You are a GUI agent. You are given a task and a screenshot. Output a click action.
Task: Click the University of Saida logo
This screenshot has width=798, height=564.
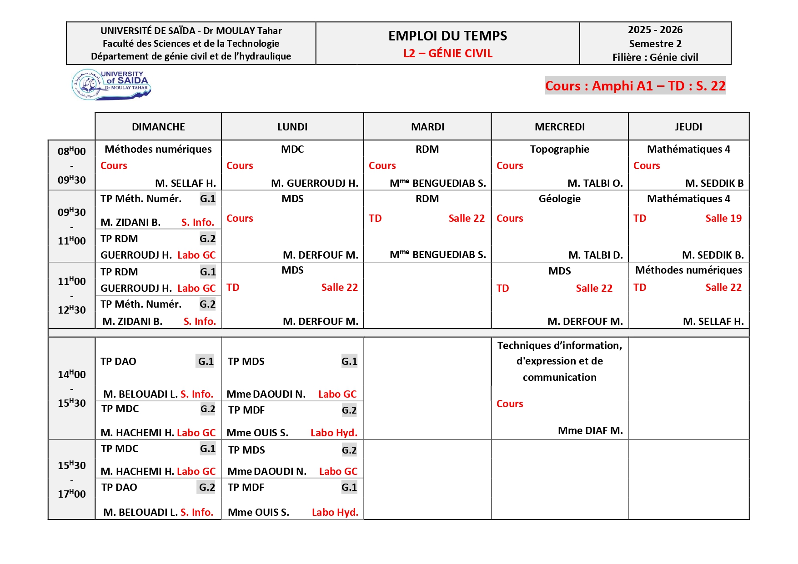[x=111, y=84]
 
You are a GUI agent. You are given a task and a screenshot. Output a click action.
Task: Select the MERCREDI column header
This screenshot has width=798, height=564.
[x=559, y=127]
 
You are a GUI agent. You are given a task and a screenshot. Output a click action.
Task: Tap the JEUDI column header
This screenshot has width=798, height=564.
[x=688, y=127]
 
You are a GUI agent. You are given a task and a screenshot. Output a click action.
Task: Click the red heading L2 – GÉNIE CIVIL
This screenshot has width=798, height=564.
[x=447, y=54]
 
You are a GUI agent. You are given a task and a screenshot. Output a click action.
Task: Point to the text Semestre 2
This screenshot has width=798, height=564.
[x=655, y=44]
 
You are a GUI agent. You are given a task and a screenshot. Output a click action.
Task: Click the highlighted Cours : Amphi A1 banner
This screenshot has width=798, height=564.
[x=635, y=85]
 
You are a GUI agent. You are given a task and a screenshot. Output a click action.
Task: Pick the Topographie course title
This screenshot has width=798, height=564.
[x=559, y=149]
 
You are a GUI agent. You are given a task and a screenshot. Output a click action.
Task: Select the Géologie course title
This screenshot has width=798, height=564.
[x=559, y=199]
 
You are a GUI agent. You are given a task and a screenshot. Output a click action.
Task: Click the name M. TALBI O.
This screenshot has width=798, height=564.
[x=595, y=183]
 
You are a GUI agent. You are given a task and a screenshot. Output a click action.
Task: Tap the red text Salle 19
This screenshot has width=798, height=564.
[x=723, y=218]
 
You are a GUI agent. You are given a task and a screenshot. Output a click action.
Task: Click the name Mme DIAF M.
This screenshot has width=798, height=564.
[x=590, y=430]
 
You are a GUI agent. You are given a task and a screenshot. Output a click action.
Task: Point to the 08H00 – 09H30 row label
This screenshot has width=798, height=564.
[x=71, y=165]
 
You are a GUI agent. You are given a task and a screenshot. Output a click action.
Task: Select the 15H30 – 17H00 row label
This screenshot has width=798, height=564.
[x=71, y=479]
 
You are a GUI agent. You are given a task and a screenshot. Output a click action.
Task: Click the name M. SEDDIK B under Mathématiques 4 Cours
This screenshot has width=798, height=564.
[x=714, y=183]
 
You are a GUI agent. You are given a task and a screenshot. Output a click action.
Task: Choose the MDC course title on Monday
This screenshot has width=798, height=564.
[x=292, y=149]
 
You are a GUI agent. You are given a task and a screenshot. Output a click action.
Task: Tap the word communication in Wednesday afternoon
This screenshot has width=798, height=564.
[x=559, y=377]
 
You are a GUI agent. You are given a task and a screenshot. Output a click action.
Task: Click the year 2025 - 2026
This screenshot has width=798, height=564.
[x=655, y=30]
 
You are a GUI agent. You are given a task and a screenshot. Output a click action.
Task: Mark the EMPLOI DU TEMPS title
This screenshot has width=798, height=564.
[x=447, y=36]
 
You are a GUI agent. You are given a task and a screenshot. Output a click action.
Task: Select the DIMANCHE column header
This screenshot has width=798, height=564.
[x=158, y=127]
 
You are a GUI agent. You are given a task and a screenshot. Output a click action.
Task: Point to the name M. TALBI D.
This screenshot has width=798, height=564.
[x=595, y=255]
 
